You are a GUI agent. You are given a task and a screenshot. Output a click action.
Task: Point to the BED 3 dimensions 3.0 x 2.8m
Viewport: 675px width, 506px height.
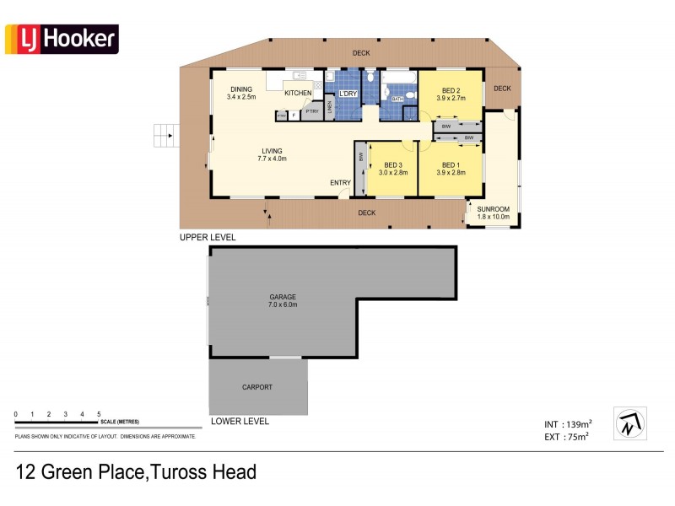tap(393, 172)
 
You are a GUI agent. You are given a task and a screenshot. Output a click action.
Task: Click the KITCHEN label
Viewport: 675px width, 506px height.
tap(298, 93)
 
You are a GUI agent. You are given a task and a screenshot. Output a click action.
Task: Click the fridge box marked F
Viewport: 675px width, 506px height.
tap(294, 116)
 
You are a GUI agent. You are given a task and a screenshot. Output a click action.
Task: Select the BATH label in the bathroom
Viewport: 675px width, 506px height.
tap(396, 100)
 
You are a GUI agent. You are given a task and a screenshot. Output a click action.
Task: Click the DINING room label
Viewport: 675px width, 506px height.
tap(241, 89)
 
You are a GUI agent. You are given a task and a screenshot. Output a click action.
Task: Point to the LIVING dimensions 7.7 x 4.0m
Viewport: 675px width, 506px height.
tap(272, 159)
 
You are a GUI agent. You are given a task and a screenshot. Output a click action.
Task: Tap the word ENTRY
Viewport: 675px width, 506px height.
tap(341, 183)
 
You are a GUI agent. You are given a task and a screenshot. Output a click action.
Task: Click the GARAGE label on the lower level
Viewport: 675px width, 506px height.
tap(282, 297)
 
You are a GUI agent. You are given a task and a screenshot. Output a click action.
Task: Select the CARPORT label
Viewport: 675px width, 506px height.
tap(258, 387)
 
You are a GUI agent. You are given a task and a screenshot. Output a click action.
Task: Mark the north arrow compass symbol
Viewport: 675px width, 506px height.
tap(629, 423)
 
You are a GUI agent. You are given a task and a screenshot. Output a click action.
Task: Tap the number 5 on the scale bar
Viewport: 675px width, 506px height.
tap(99, 414)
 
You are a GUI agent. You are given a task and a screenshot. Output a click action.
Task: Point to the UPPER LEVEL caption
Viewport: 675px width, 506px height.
tap(208, 238)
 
